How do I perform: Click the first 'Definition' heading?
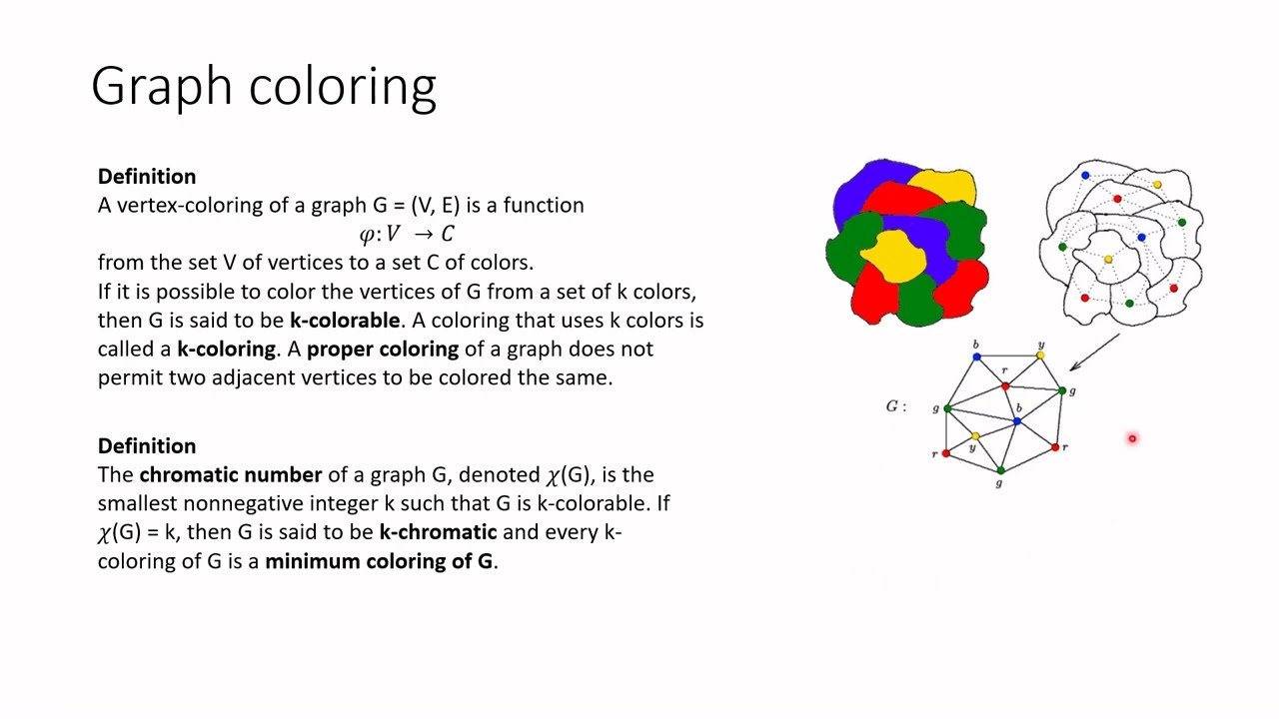click(147, 177)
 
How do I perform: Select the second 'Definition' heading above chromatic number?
click(147, 446)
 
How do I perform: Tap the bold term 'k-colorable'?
click(345, 321)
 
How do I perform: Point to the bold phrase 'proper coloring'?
click(382, 350)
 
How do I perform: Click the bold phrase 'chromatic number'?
click(230, 475)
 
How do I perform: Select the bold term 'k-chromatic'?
click(438, 532)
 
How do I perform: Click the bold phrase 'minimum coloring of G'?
click(379, 561)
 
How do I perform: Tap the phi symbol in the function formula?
click(367, 235)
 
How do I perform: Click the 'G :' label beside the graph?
click(896, 406)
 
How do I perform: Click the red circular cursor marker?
click(1132, 438)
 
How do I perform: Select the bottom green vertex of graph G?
click(1000, 470)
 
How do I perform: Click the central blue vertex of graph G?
click(1017, 421)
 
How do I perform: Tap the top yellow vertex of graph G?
click(1040, 356)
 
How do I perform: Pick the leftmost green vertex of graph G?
click(946, 408)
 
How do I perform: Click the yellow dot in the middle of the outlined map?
click(1108, 260)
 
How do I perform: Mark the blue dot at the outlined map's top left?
click(1085, 177)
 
